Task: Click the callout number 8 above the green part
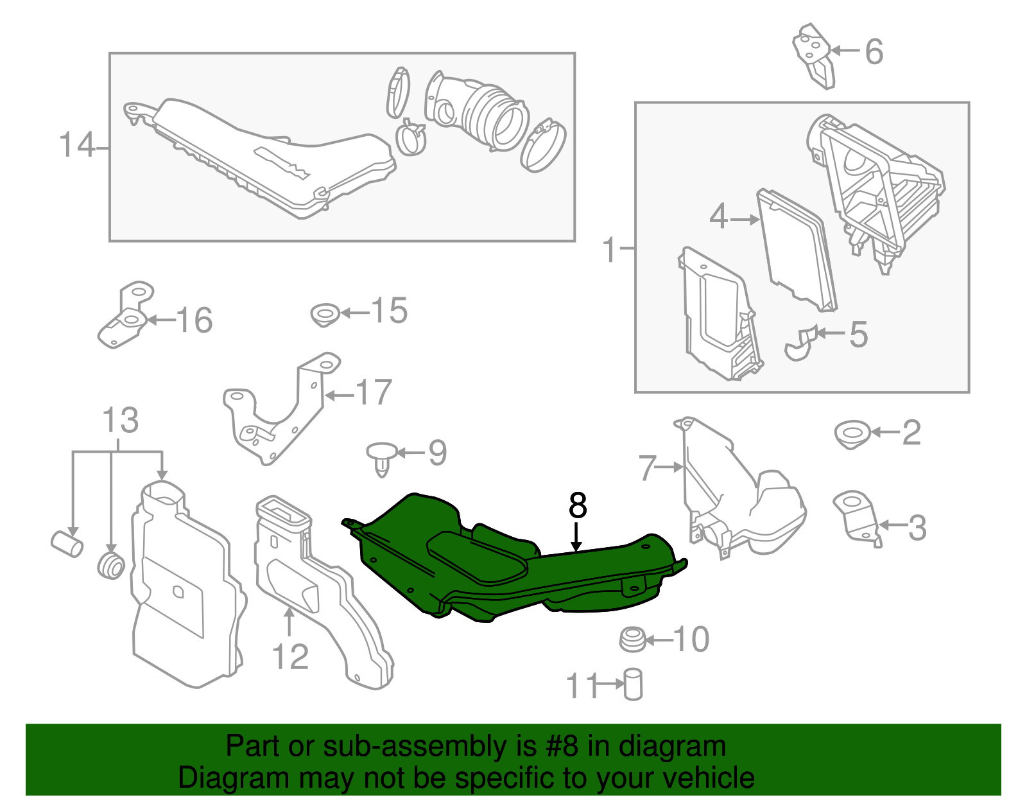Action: tap(578, 506)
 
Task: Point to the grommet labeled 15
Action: tap(325, 315)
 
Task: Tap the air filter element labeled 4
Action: tap(796, 250)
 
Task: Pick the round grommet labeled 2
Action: tap(852, 434)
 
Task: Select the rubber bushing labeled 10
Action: tap(632, 640)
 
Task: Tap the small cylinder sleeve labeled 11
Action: tap(633, 684)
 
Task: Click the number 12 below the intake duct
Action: tap(290, 657)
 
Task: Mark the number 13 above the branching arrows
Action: tap(120, 421)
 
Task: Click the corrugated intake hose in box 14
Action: tap(494, 116)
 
